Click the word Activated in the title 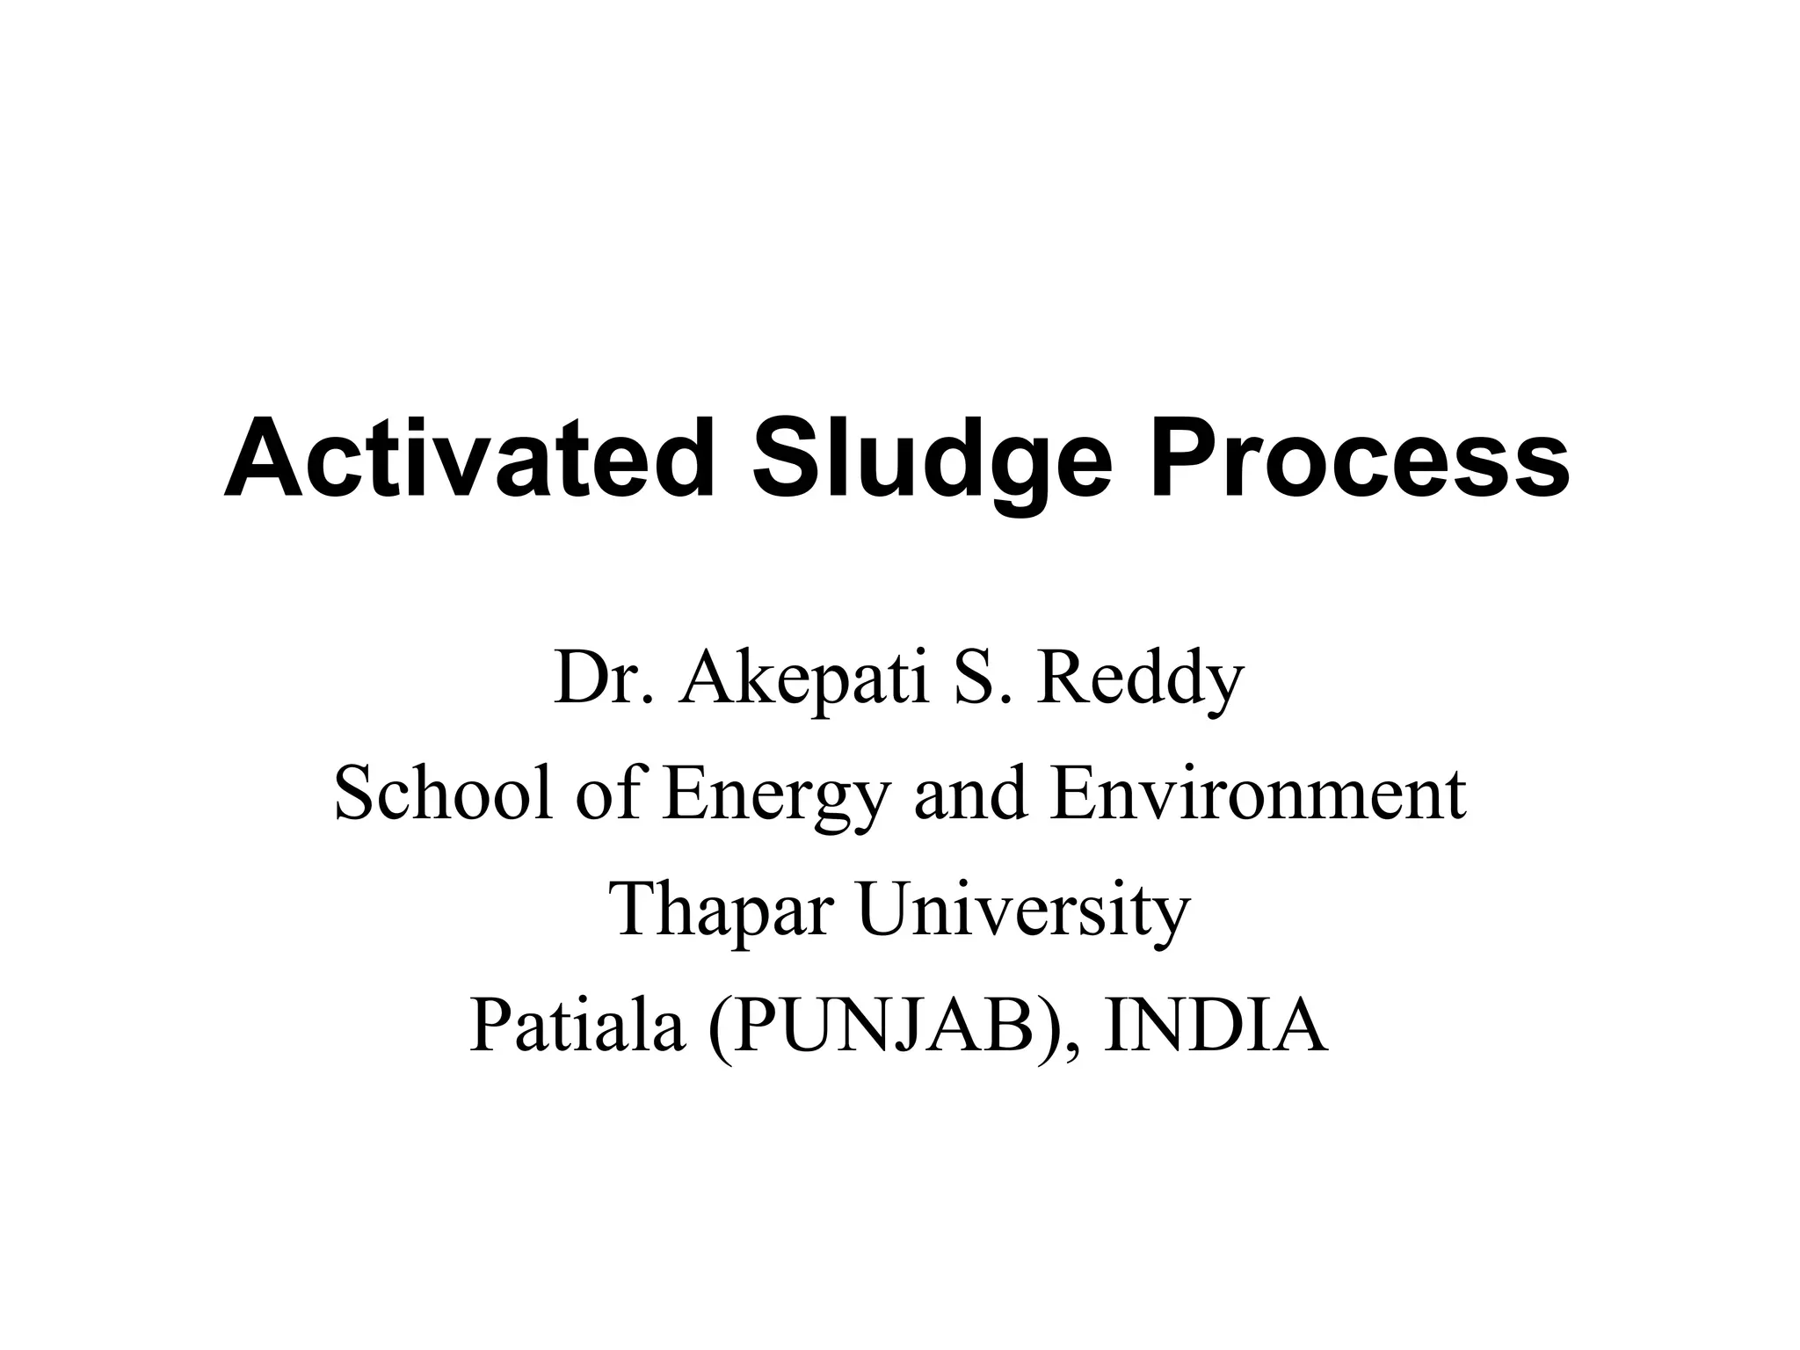coord(469,459)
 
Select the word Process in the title coord(1359,459)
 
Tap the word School coord(444,793)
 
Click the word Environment coord(1257,793)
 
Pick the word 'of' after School coord(607,793)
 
